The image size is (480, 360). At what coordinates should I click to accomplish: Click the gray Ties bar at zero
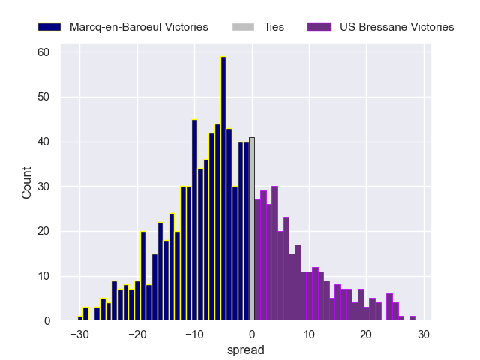(x=252, y=229)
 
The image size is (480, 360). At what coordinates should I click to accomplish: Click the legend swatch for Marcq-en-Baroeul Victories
(x=49, y=27)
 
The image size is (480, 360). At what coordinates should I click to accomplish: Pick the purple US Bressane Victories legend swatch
(x=319, y=27)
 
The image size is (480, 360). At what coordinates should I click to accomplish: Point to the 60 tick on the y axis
(x=44, y=52)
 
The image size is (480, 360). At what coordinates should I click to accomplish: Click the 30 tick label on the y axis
(x=44, y=187)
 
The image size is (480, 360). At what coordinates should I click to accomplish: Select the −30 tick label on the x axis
(x=80, y=334)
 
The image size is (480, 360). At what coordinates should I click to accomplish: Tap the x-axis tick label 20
(x=366, y=334)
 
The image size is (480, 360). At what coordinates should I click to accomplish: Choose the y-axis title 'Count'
(x=27, y=186)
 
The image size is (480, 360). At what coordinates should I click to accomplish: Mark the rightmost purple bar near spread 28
(x=412, y=318)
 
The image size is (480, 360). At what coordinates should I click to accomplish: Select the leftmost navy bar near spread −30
(x=80, y=318)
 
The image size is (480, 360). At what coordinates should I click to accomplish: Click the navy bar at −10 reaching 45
(x=194, y=220)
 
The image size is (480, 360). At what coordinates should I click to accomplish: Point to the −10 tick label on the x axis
(x=194, y=334)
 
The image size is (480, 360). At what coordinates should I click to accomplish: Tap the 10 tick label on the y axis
(x=44, y=276)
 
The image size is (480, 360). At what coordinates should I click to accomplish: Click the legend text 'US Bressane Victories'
(x=397, y=27)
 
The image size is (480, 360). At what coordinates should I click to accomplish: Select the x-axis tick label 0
(x=252, y=334)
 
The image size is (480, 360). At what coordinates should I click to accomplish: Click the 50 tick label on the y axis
(x=44, y=97)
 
